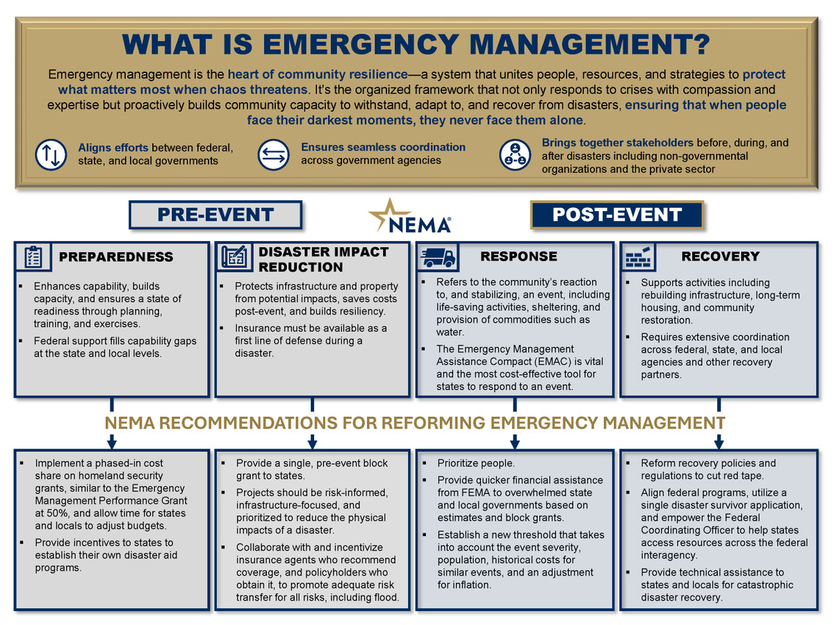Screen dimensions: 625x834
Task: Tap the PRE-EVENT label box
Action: [x=215, y=215]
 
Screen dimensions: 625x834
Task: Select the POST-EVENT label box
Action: [x=617, y=215]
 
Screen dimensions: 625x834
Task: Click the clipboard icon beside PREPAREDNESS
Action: [x=33, y=257]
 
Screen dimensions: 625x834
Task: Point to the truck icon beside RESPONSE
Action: [x=437, y=257]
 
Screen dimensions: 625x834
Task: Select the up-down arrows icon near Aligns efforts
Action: [x=54, y=154]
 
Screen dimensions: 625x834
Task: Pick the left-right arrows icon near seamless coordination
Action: [x=274, y=154]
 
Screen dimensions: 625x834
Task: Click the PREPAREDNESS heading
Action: [x=116, y=257]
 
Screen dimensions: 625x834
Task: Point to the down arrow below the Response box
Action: [x=515, y=442]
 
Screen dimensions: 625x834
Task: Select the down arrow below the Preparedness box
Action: [x=111, y=442]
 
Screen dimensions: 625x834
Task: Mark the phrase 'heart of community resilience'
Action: [x=317, y=74]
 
